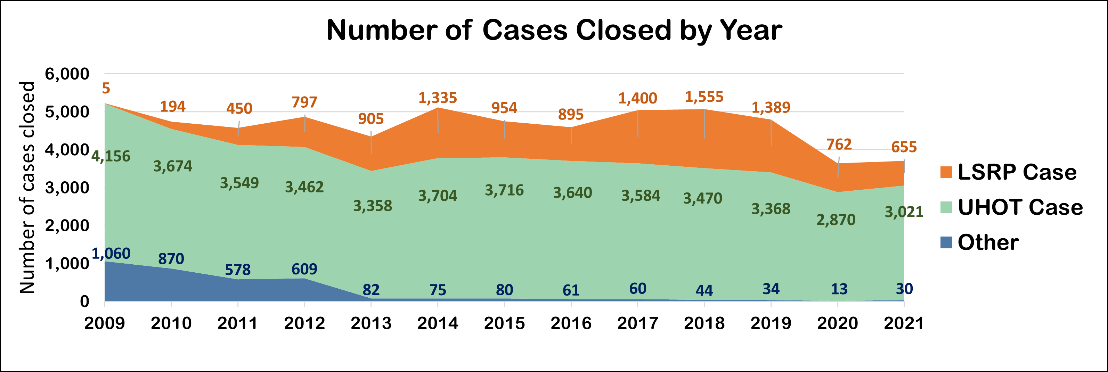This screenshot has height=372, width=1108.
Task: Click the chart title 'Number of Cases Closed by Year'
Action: pyautogui.click(x=554, y=30)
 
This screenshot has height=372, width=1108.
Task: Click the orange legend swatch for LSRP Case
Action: pyautogui.click(x=946, y=172)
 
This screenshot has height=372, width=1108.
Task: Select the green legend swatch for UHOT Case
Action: pyautogui.click(x=946, y=207)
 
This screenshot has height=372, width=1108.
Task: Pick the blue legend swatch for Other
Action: pyautogui.click(x=946, y=242)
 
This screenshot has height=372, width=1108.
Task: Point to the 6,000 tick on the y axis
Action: pyautogui.click(x=67, y=74)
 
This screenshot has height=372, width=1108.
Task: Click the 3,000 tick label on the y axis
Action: pyautogui.click(x=67, y=188)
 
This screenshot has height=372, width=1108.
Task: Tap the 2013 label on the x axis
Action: pyautogui.click(x=371, y=323)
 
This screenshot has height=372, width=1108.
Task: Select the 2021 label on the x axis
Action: pyautogui.click(x=904, y=323)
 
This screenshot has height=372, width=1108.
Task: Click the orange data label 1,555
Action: pyautogui.click(x=704, y=97)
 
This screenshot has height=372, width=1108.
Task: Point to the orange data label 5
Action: pyautogui.click(x=106, y=88)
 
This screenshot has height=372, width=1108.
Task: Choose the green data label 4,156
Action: pyautogui.click(x=111, y=156)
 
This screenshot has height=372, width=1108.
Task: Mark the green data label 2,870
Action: pyautogui.click(x=836, y=220)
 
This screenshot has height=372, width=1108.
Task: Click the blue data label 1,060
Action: pyautogui.click(x=111, y=253)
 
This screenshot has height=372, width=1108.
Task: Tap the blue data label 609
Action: pyautogui.click(x=304, y=269)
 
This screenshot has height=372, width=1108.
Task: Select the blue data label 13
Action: pyautogui.click(x=839, y=289)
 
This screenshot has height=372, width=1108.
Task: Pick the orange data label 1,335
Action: pyautogui.click(x=438, y=98)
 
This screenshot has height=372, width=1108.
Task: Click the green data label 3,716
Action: pyautogui.click(x=504, y=190)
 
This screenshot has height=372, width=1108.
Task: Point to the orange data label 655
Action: pyautogui.click(x=904, y=147)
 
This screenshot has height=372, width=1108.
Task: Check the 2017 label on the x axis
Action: pyautogui.click(x=637, y=323)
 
